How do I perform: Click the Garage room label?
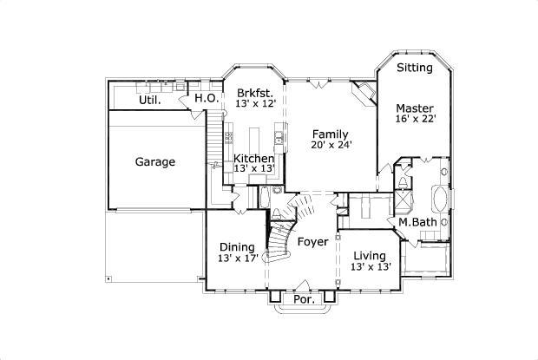[x=155, y=161]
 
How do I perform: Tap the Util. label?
[x=150, y=100]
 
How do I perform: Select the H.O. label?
[x=206, y=99]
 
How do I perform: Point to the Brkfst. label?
[x=254, y=93]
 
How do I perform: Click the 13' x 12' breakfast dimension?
[x=254, y=104]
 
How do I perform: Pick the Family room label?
[x=331, y=134]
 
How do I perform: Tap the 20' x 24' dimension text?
[x=331, y=146]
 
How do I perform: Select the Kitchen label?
[x=254, y=159]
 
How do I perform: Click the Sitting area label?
[x=415, y=68]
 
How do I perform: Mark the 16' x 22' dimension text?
[x=415, y=119]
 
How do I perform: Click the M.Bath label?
[x=417, y=222]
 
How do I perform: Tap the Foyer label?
[x=312, y=241]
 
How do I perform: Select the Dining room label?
[x=236, y=246]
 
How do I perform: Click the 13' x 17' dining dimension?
[x=237, y=259]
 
